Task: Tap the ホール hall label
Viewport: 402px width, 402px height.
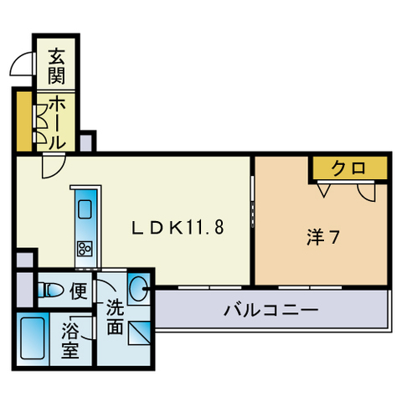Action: pyautogui.click(x=56, y=122)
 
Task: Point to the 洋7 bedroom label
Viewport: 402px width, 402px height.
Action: pyautogui.click(x=322, y=237)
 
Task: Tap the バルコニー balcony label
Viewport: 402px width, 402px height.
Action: pyautogui.click(x=271, y=312)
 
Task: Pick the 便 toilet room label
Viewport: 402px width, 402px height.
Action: pyautogui.click(x=78, y=291)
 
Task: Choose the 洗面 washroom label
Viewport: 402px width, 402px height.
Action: pyautogui.click(x=114, y=317)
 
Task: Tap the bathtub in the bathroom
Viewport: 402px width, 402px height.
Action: pyautogui.click(x=33, y=338)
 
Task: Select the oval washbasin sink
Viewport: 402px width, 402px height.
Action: pyautogui.click(x=140, y=291)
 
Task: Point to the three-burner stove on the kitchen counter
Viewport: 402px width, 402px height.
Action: pyautogui.click(x=85, y=247)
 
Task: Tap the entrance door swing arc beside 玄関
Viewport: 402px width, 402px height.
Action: pyautogui.click(x=23, y=65)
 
